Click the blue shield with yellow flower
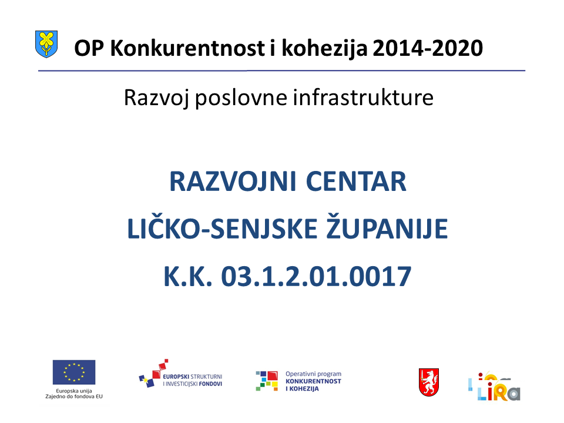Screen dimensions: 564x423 [x=46, y=44]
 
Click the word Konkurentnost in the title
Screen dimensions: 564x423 [x=187, y=48]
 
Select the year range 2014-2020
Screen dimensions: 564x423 [x=428, y=48]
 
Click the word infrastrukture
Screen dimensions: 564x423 [x=363, y=98]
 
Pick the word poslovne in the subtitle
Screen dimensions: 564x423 [x=241, y=98]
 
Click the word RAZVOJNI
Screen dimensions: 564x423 [x=233, y=182]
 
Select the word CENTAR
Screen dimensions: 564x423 [x=356, y=182]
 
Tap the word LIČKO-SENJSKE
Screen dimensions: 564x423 [x=223, y=228]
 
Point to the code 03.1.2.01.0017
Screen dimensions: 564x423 [x=316, y=276]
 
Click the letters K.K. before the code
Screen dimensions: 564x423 [x=188, y=276]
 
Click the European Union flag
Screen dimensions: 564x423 [x=74, y=372]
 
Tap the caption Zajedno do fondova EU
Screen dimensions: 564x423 [x=74, y=397]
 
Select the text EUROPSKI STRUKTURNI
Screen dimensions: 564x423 [x=193, y=377]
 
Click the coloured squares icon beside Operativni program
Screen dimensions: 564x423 [x=267, y=381]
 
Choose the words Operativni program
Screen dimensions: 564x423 [x=313, y=374]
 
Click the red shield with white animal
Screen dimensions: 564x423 [x=429, y=382]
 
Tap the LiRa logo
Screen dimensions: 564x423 [x=494, y=387]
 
